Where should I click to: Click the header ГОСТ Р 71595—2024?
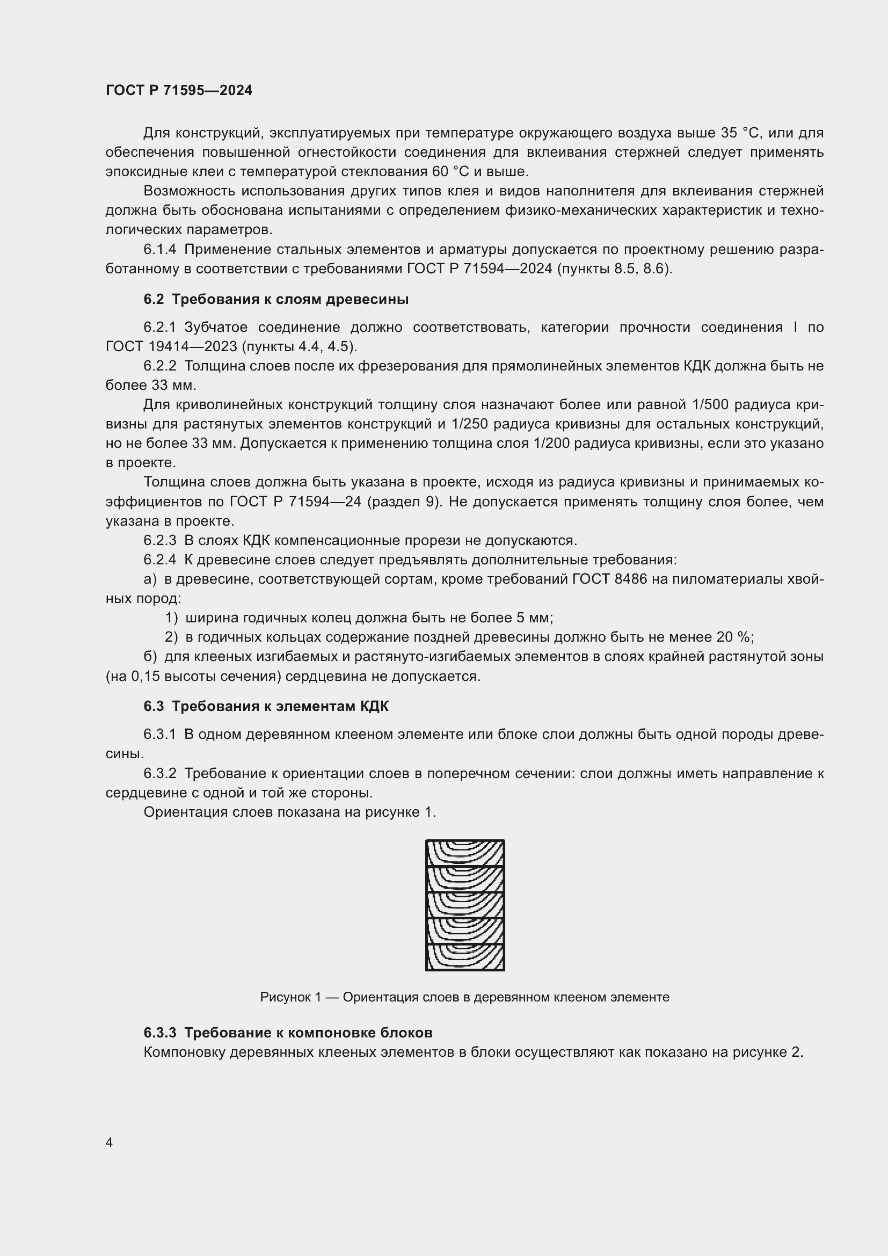pos(179,90)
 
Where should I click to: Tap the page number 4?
pos(110,1142)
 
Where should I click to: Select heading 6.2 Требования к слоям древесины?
pos(276,299)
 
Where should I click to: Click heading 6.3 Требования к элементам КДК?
pos(266,706)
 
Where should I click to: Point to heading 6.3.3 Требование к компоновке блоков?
pos(288,1032)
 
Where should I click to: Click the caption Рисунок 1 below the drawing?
pos(464,997)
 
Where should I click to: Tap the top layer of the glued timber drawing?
pos(465,853)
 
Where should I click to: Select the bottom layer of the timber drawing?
pos(465,957)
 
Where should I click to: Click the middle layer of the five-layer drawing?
pos(465,905)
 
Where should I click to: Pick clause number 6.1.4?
pos(159,250)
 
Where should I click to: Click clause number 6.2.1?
pos(159,327)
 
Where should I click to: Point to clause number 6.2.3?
pos(159,541)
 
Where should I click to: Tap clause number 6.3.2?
pos(159,773)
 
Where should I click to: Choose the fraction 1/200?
pos(547,443)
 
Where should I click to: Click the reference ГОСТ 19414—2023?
pos(171,346)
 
